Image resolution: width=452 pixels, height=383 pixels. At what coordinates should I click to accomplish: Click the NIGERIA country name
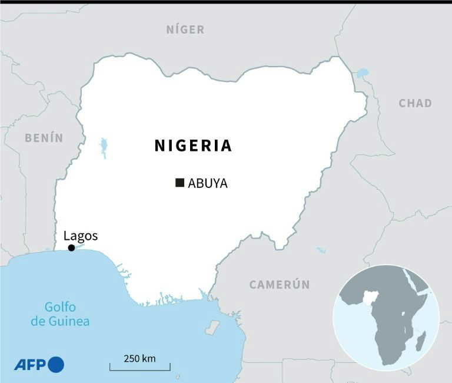click(193, 146)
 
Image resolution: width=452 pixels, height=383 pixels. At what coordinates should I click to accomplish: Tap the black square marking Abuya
click(180, 183)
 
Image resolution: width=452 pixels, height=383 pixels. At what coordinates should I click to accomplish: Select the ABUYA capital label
click(208, 183)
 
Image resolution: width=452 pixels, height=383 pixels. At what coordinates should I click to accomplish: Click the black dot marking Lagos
click(71, 248)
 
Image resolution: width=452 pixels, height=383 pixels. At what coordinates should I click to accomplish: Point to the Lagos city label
click(81, 236)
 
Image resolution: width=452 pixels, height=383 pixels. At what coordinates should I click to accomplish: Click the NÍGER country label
click(185, 29)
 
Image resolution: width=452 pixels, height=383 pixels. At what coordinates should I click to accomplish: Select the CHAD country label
click(415, 103)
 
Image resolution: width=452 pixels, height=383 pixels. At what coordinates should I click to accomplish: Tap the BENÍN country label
click(44, 138)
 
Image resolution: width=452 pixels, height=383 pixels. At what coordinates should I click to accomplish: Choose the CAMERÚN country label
click(280, 285)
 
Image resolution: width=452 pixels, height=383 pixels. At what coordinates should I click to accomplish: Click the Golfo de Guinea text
click(68, 313)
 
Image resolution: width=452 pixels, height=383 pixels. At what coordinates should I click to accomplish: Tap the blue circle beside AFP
click(56, 365)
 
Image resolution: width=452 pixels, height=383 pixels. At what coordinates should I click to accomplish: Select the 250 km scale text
click(139, 358)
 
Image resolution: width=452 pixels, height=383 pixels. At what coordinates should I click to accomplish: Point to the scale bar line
click(139, 369)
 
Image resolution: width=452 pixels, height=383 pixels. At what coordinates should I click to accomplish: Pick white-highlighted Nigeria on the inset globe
click(370, 297)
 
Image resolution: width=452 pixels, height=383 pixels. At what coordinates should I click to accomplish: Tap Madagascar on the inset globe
click(420, 341)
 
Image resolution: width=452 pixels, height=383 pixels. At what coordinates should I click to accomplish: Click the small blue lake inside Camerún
click(321, 250)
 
